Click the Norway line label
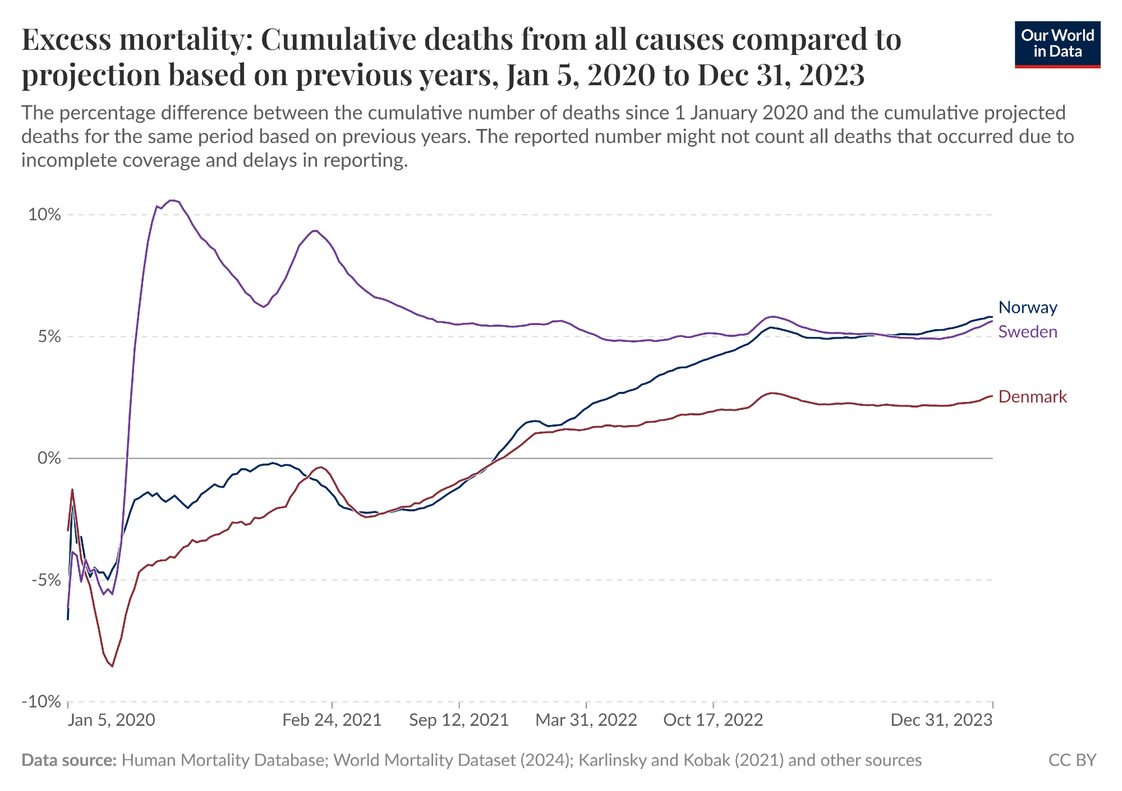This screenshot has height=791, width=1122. click(x=1028, y=307)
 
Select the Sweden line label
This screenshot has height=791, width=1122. click(x=1028, y=332)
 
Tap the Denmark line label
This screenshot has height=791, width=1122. click(x=1032, y=397)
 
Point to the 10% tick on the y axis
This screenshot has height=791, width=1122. click(x=44, y=215)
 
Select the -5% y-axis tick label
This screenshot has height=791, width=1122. click(x=45, y=580)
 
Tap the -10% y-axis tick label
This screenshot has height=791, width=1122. click(x=42, y=702)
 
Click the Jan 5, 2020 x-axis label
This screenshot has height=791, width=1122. click(x=111, y=720)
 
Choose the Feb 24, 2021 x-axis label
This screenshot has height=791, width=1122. click(x=332, y=720)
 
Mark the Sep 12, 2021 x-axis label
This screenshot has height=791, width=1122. click(x=459, y=720)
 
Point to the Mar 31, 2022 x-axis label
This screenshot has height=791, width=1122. click(x=586, y=720)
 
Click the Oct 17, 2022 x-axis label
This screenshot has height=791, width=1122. click(x=713, y=720)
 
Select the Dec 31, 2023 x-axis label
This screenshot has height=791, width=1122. click(x=941, y=720)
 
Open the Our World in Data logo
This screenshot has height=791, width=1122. click(x=1057, y=44)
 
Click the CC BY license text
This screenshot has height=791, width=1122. click(x=1072, y=760)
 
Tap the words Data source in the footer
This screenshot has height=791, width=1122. click(x=69, y=760)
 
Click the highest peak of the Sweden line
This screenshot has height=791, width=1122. click(x=173, y=200)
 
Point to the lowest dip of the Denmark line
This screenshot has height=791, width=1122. click(x=113, y=666)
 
